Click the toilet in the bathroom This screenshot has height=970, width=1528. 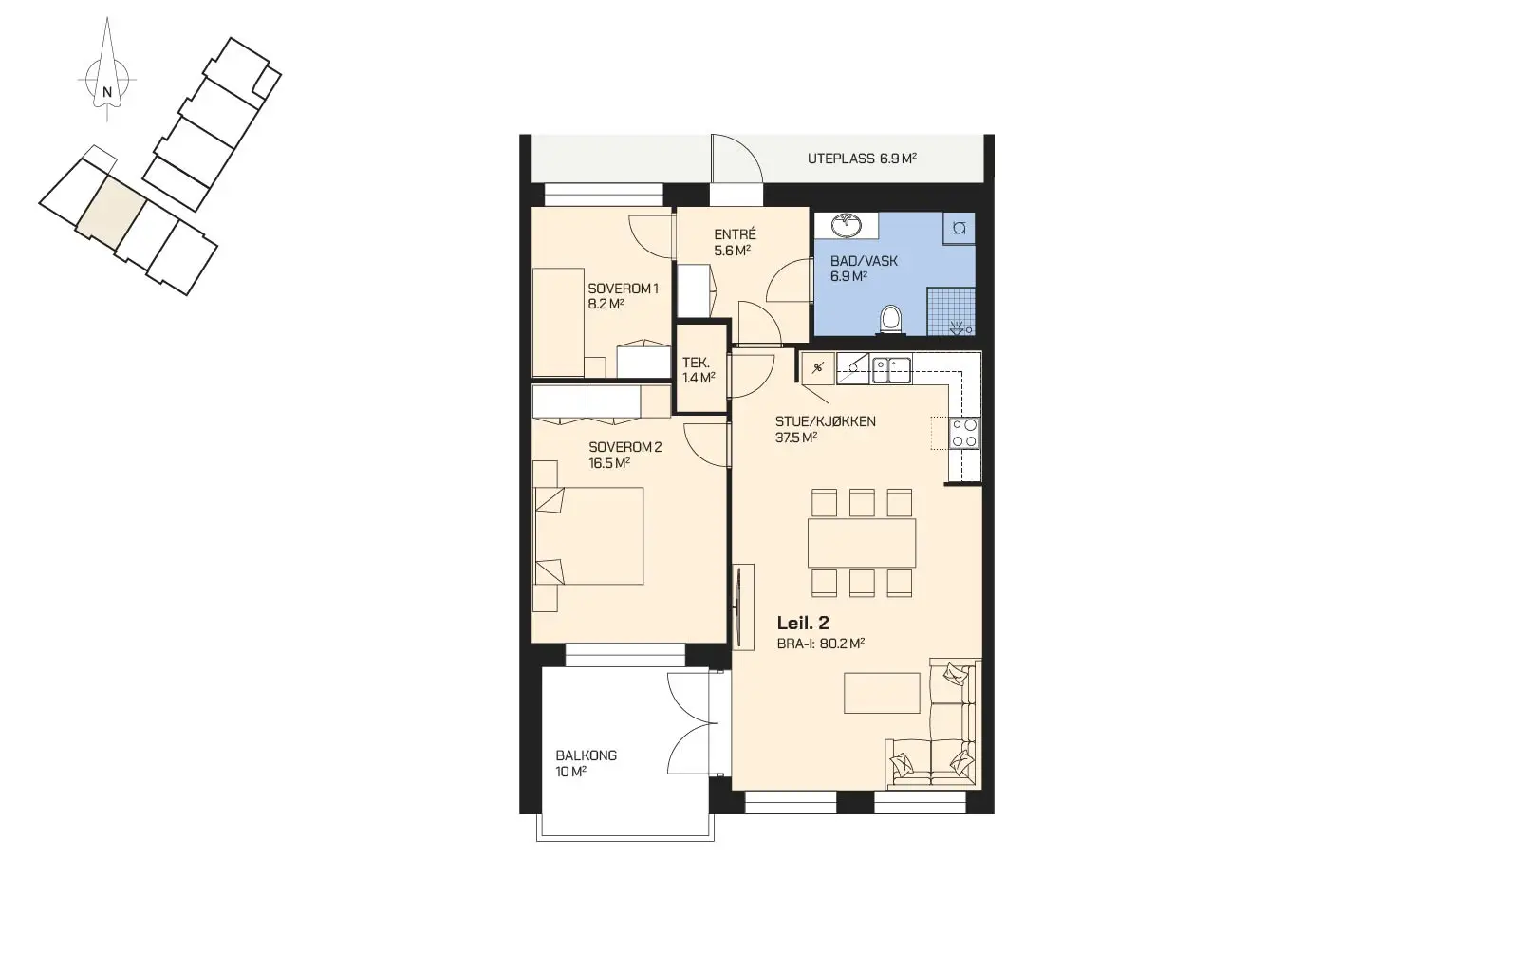(890, 319)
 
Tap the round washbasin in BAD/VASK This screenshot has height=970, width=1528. (847, 225)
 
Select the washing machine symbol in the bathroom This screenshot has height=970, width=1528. (960, 229)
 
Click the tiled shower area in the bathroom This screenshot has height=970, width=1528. (951, 311)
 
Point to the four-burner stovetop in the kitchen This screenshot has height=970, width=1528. (964, 433)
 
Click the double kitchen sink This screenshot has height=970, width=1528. (891, 370)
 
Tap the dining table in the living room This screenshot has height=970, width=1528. (862, 543)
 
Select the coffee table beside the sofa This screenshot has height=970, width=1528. (882, 693)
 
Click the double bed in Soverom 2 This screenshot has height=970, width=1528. (588, 536)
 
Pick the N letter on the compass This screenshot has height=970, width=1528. (107, 91)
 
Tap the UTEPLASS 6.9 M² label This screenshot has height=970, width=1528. (862, 159)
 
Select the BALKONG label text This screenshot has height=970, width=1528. (586, 755)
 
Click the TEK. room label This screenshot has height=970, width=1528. (696, 364)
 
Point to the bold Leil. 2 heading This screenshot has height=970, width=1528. (803, 623)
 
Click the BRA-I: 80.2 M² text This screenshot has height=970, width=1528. (821, 644)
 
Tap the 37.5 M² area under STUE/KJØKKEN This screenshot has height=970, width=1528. (796, 438)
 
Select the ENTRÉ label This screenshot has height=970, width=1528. (736, 234)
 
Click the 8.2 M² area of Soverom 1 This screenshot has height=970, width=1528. (606, 305)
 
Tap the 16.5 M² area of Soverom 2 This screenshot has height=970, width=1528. (609, 463)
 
